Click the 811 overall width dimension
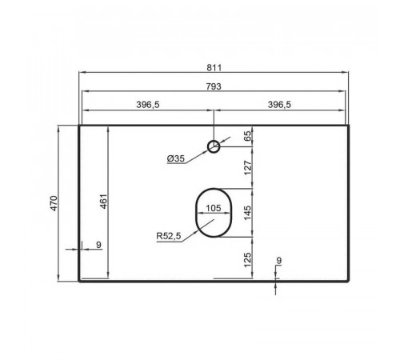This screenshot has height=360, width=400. tap(214, 67)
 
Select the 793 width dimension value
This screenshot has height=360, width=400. tap(214, 86)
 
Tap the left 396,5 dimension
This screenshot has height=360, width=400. tap(148, 105)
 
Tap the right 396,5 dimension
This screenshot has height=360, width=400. tap(279, 105)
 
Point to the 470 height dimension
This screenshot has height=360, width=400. tap(54, 203)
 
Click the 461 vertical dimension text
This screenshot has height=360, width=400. tap(103, 202)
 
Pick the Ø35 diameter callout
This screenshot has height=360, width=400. tap(176, 158)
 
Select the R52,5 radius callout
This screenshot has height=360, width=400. tap(169, 236)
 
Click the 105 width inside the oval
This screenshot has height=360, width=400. tap(214, 208)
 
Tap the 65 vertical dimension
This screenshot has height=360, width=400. tap(247, 136)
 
